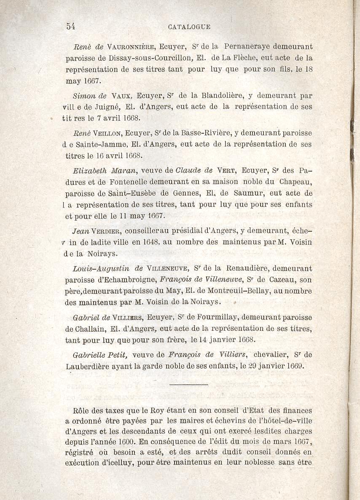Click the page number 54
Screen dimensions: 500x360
point(70,26)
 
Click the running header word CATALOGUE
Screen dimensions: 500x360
point(189,27)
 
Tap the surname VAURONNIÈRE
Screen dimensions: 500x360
point(131,46)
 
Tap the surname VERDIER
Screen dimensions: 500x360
point(107,231)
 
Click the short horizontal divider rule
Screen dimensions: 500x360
point(188,385)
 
